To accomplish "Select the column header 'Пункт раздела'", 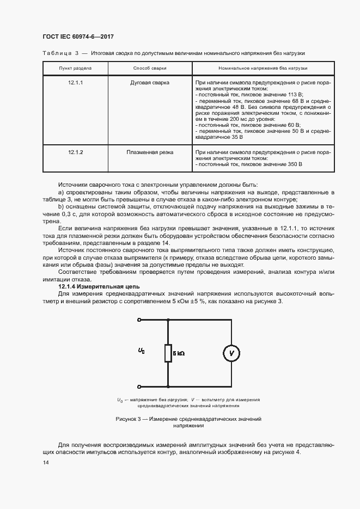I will (75, 69).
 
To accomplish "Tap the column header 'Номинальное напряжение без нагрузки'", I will (263, 69).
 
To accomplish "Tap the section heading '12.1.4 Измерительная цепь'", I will (99, 286).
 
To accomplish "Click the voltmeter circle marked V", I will (231, 353).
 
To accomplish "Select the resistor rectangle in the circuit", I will (168, 353).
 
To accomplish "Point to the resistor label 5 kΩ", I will (179, 354).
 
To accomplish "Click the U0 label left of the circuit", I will (142, 352).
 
